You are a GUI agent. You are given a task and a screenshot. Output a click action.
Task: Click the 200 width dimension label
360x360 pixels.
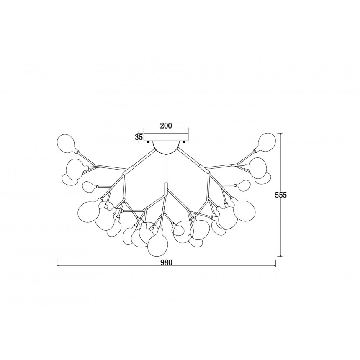(166, 126)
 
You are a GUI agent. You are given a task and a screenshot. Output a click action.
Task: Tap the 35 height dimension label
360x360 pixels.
(139, 137)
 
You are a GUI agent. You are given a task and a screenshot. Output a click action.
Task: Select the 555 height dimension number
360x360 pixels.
(281, 195)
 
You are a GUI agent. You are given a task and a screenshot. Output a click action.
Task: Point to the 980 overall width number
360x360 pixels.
(166, 262)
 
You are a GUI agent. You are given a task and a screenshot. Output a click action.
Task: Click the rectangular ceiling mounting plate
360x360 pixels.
(166, 137)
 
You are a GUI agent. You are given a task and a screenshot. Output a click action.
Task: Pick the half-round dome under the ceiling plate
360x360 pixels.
(166, 146)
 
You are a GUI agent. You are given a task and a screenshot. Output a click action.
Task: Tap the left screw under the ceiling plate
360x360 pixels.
(148, 142)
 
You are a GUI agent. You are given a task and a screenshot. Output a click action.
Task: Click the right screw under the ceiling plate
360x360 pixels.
(183, 142)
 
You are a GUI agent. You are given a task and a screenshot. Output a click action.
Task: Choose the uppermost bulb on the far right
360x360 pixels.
(266, 142)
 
